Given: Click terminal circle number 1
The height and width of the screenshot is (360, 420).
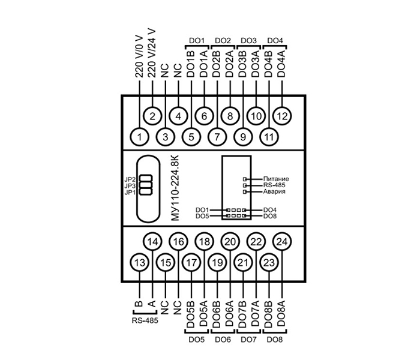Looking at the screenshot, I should [x=139, y=137].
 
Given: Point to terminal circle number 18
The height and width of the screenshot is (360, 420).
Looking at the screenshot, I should [x=204, y=241].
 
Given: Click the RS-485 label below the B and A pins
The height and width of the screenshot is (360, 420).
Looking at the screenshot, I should [x=145, y=322].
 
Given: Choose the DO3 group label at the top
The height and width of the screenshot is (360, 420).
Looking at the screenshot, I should [x=248, y=40].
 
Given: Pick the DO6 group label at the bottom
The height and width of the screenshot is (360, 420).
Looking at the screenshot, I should [x=223, y=340].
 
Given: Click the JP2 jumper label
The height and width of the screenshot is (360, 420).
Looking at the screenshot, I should [x=129, y=179].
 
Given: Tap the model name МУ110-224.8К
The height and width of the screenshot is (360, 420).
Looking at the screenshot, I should [x=175, y=188].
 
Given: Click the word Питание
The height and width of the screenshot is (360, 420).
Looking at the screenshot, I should [x=276, y=179].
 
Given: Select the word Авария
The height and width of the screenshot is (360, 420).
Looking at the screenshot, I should [x=274, y=192].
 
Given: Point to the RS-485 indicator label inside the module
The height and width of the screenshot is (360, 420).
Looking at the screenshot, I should [x=275, y=185].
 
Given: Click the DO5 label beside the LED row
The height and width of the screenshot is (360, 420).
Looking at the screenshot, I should [x=202, y=215].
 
